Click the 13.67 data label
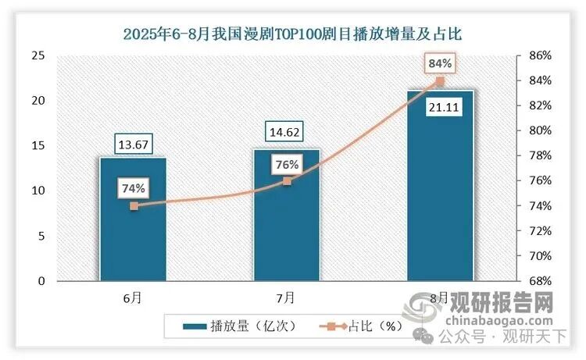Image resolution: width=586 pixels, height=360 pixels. click(133, 145)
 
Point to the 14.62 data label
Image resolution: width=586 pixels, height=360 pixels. click(286, 134)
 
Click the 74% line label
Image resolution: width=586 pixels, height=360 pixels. click(133, 188)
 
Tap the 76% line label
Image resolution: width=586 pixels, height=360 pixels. click(286, 165)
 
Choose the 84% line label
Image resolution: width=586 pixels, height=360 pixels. click(440, 62)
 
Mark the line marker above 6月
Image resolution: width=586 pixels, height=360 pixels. click(134, 206)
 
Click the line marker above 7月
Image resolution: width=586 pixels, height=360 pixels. click(287, 181)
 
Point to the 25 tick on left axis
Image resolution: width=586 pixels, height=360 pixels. click(38, 55)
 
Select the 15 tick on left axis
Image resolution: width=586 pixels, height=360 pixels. click(38, 146)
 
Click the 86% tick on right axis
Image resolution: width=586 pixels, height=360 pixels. click(540, 55)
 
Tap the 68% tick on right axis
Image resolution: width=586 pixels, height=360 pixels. click(540, 281)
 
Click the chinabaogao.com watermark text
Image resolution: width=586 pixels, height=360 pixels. click(500, 319)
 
